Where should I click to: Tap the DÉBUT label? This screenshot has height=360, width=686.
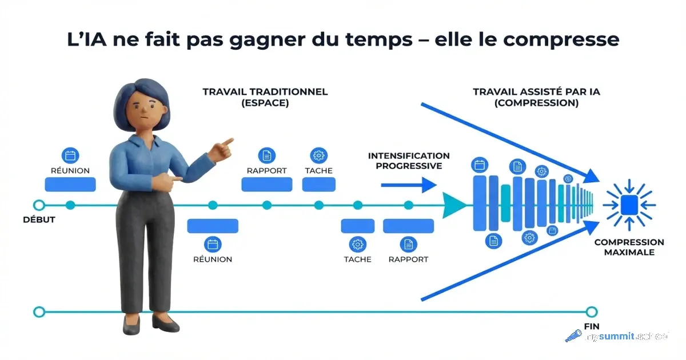[x=39, y=219]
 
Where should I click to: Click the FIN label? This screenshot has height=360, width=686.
[x=592, y=326]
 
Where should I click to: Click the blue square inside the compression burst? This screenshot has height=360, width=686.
[x=629, y=204]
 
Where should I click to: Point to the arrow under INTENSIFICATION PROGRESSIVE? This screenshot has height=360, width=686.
[x=408, y=185]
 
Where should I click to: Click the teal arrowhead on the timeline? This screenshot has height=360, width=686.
[x=454, y=205]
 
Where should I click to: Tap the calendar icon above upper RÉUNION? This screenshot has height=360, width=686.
[x=70, y=155]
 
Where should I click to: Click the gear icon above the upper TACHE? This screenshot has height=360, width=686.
[x=318, y=155]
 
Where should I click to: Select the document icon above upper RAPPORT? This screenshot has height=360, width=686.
[x=266, y=155]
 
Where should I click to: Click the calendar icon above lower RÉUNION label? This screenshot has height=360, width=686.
[x=213, y=245]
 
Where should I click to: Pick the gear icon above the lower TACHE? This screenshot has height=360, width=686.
[x=357, y=245]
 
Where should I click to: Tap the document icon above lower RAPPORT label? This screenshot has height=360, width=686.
[x=408, y=245]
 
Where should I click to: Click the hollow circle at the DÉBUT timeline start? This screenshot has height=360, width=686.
[x=39, y=205]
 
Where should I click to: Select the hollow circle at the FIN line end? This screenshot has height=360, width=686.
[x=592, y=311]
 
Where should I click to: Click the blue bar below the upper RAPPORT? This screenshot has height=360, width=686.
[x=266, y=184]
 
